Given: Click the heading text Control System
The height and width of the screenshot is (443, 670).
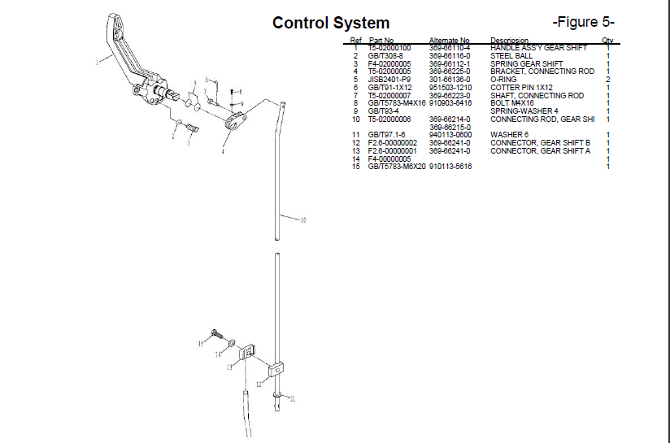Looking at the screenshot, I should [x=331, y=23].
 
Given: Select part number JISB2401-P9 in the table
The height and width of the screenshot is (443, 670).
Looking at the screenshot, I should [x=389, y=80].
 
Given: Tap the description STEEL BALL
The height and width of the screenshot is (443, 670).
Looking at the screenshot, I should [x=511, y=56].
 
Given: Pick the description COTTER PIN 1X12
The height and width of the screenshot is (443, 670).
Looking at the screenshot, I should [x=521, y=88].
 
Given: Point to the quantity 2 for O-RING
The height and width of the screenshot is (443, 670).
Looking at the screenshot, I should [x=607, y=80].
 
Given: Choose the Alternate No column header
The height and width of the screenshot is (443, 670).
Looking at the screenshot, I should [x=449, y=40].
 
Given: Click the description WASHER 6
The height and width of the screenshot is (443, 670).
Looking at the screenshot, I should [x=508, y=135].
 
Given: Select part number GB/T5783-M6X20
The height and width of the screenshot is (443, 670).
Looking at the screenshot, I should [x=397, y=167].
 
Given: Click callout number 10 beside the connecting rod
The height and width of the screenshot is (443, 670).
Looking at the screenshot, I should [x=302, y=220].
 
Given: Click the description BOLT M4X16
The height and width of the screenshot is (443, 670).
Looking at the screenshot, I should [x=512, y=103].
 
